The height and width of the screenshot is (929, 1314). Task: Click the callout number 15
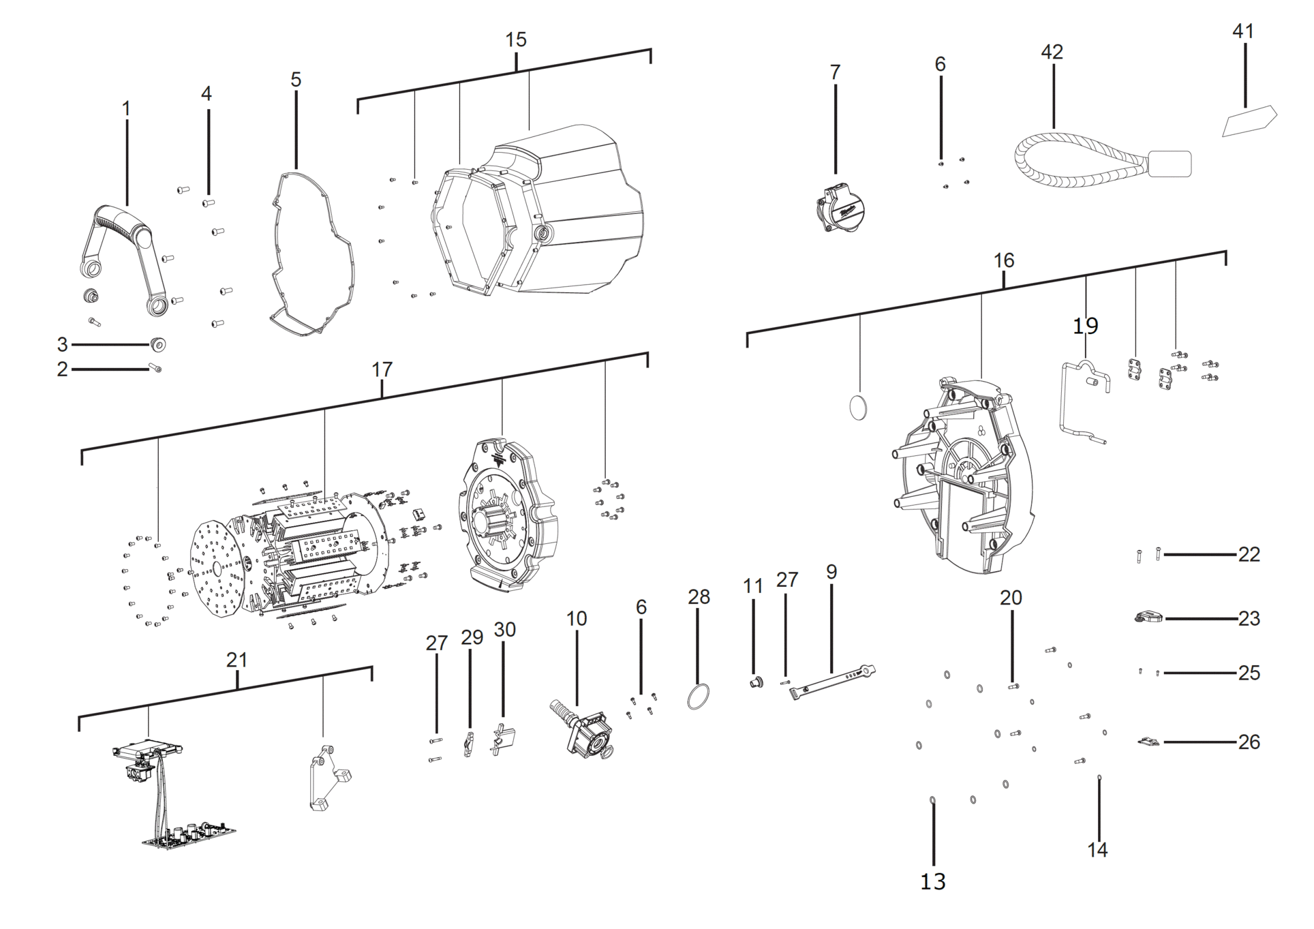tap(515, 40)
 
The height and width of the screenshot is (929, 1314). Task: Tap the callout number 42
tap(1052, 52)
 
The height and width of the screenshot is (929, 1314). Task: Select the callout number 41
tap(1242, 31)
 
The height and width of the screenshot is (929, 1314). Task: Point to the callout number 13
tap(932, 881)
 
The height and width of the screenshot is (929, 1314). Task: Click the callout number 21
tap(236, 660)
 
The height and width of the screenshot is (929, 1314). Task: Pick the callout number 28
tap(699, 597)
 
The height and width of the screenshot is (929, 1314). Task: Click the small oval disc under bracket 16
tap(859, 407)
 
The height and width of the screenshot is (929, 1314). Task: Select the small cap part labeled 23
tap(1149, 618)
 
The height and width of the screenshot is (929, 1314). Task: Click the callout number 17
tap(382, 369)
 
